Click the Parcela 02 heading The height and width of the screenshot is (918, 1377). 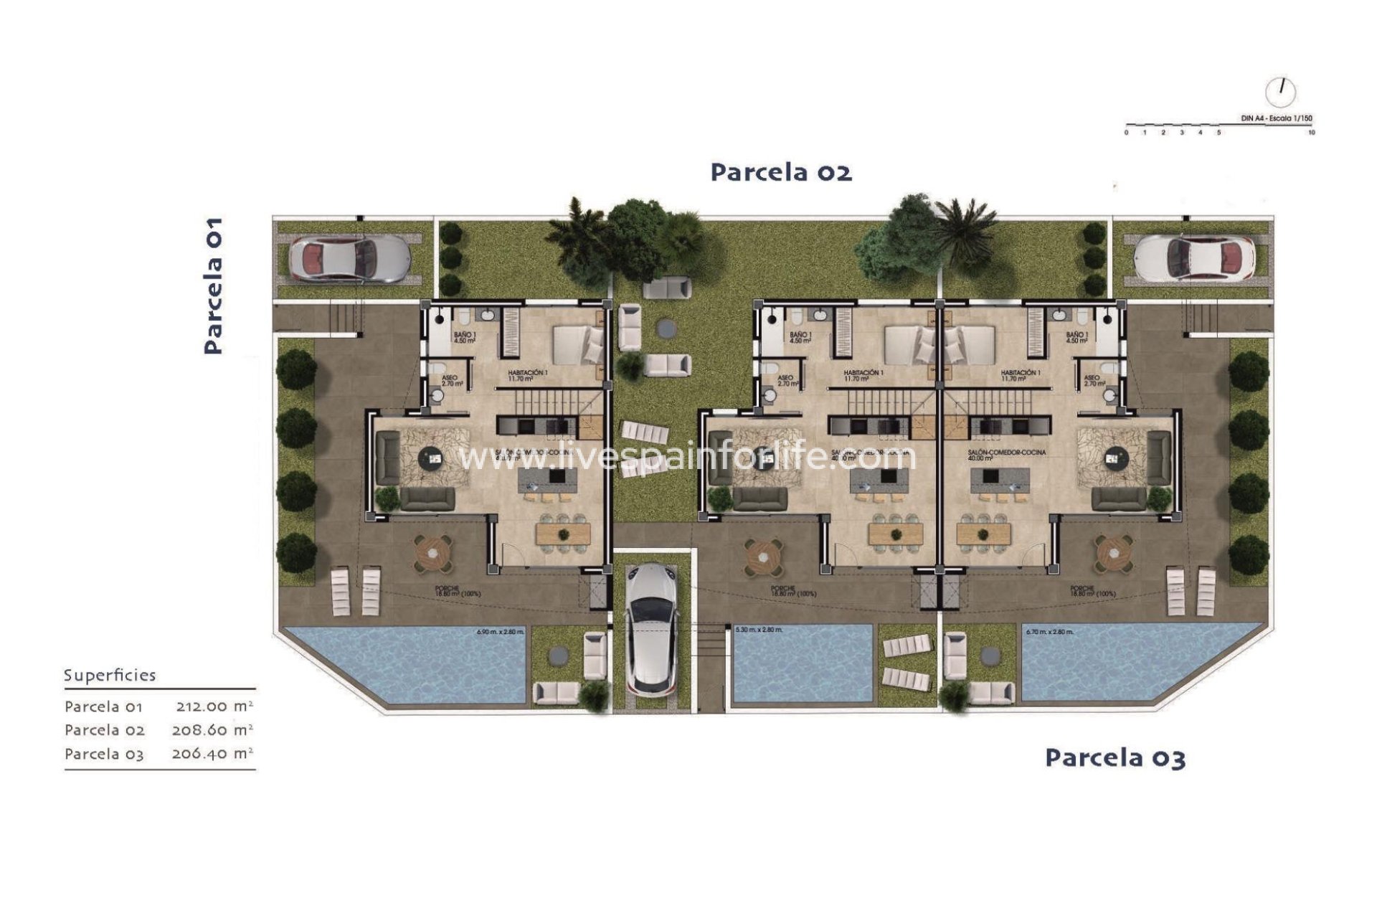pos(781,173)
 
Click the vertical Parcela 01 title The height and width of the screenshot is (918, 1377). pos(214,286)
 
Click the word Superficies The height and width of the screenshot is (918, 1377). pos(110,676)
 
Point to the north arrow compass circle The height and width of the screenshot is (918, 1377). pos(1280,92)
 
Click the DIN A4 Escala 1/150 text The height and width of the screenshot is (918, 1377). pos(1277,118)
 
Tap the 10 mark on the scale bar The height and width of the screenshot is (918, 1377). pos(1312,133)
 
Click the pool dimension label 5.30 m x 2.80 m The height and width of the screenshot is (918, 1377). pos(760,630)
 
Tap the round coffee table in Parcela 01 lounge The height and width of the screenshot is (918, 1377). pos(432,457)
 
